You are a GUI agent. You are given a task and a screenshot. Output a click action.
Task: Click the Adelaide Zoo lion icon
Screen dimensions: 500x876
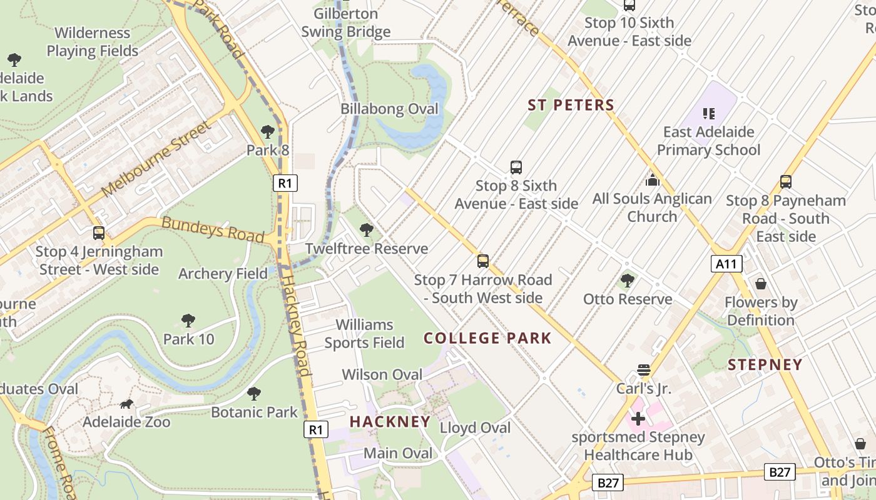127,404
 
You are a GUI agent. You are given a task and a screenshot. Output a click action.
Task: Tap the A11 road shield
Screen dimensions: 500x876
726,264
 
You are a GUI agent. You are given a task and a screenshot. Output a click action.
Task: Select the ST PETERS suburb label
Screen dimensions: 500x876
571,105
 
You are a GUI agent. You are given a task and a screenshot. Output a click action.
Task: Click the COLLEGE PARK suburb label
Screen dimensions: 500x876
487,338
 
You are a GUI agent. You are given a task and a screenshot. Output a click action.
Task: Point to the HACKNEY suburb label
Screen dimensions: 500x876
390,421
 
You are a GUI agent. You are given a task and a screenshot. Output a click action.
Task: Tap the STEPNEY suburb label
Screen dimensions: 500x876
765,365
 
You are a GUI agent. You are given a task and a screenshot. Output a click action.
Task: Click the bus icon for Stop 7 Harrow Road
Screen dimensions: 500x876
482,261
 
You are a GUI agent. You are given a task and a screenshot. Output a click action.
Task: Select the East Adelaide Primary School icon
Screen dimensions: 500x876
709,114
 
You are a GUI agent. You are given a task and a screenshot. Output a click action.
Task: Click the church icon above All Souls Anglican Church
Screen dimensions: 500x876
652,181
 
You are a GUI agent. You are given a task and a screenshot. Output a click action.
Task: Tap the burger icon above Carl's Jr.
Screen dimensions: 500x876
644,370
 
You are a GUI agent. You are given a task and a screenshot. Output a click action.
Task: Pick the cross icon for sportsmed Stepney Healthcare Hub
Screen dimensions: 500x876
638,418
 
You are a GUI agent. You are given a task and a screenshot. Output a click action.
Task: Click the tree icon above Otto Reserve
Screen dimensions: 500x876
628,281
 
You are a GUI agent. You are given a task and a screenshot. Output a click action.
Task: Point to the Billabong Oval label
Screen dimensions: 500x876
389,109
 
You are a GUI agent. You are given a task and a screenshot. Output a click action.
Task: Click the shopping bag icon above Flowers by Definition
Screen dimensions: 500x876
761,284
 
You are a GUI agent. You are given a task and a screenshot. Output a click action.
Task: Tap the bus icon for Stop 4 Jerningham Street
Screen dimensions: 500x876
99,233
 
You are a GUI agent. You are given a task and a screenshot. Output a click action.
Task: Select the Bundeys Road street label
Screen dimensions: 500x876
213,229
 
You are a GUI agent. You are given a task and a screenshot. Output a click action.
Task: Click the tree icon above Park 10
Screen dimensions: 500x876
188,321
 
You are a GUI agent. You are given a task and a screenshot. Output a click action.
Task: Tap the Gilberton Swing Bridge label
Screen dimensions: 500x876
345,22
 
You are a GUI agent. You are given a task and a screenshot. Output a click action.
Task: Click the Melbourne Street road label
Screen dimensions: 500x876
156,157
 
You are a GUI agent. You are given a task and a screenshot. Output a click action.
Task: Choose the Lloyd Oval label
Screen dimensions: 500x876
475,428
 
